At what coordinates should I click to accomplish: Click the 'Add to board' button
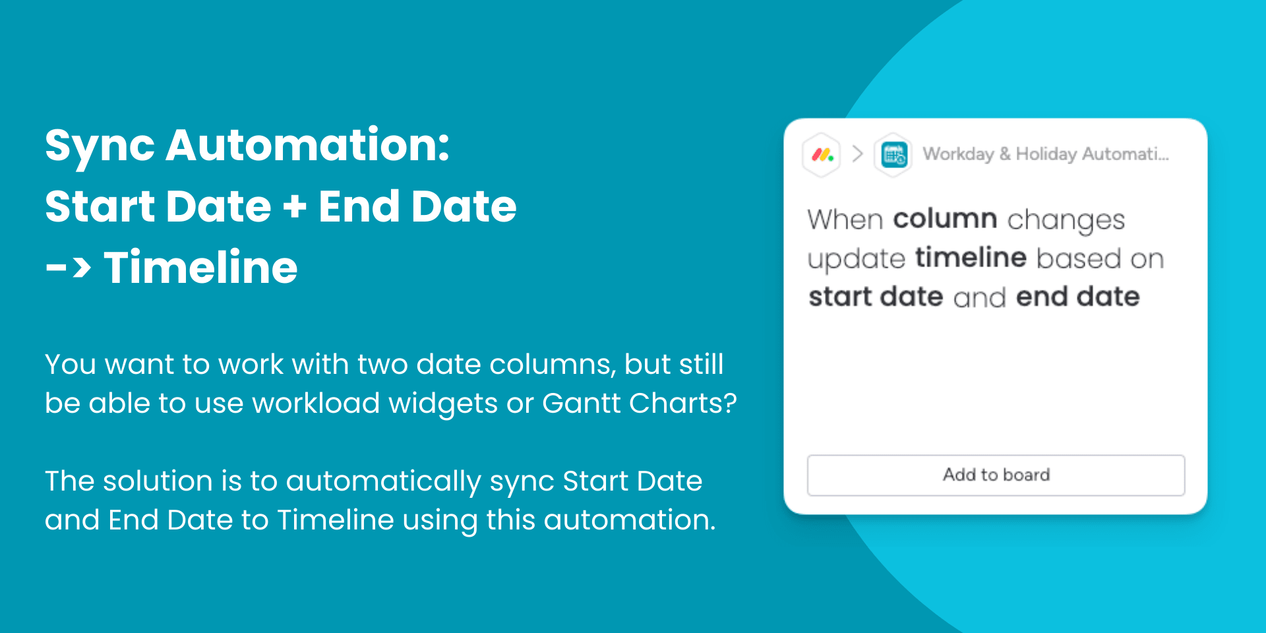[996, 475]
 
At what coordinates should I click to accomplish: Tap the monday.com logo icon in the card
[822, 155]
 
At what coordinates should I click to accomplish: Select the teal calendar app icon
[893, 155]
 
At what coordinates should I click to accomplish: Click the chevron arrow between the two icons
[857, 154]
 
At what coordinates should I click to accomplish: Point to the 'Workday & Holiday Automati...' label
[1046, 154]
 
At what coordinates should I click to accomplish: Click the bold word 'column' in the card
[945, 218]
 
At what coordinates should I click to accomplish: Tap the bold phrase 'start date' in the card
[876, 296]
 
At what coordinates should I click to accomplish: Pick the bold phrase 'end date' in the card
[1077, 296]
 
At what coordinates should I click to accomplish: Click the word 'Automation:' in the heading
[307, 145]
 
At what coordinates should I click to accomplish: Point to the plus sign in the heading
[295, 206]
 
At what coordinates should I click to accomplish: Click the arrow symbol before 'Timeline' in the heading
[68, 268]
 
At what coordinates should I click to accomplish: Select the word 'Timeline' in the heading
[200, 267]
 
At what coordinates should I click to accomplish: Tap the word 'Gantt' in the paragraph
[581, 403]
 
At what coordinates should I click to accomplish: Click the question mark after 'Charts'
[730, 403]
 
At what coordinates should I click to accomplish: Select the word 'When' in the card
[845, 219]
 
